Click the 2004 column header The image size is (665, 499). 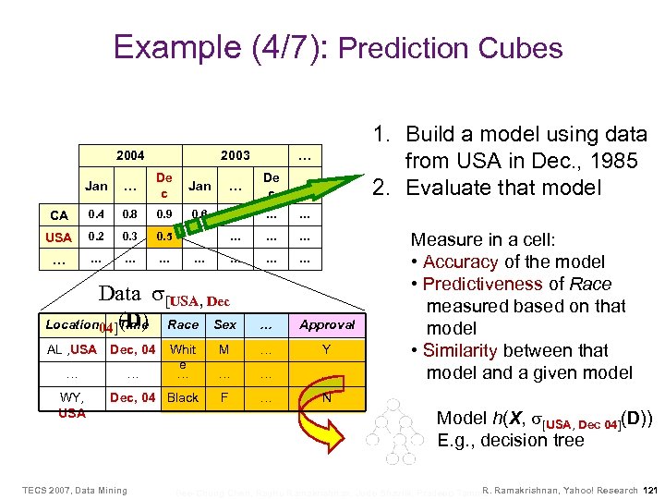[129, 156]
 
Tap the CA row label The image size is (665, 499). [59, 215]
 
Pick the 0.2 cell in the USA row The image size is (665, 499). [96, 236]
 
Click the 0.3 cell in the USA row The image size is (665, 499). [129, 236]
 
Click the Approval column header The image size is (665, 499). [326, 324]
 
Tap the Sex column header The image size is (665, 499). [224, 324]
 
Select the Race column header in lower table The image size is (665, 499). [183, 324]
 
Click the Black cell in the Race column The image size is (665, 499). [183, 397]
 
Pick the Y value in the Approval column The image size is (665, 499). [326, 350]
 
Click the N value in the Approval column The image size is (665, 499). [326, 397]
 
